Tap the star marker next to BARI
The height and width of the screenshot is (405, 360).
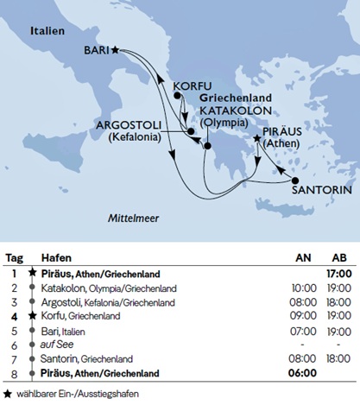[116, 50]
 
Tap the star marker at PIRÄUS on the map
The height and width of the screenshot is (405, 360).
[256, 138]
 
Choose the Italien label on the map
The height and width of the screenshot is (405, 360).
[47, 30]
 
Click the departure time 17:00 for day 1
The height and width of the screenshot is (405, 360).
[338, 274]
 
